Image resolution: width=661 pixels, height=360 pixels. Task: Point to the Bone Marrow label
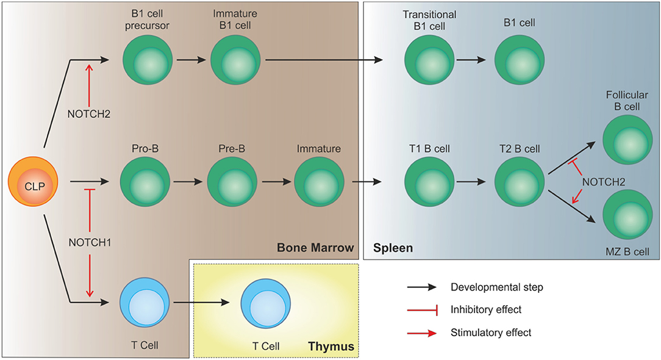pyautogui.click(x=315, y=248)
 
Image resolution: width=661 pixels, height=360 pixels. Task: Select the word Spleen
pyautogui.click(x=393, y=248)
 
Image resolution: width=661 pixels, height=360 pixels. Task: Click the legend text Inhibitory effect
pyautogui.click(x=485, y=309)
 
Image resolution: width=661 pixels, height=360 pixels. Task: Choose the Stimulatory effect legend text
pyautogui.click(x=491, y=333)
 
